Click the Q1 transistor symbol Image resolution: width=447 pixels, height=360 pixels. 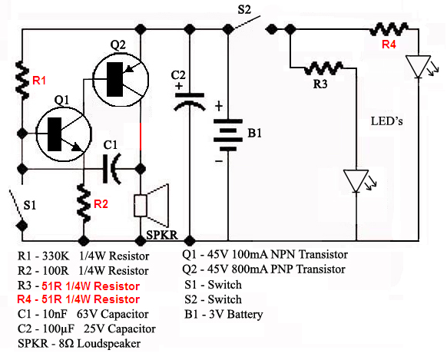point(64,134)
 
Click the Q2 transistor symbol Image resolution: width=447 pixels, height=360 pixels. point(121,79)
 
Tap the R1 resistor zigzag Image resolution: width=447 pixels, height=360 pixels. point(22,80)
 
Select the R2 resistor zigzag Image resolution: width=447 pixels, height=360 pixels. point(84,203)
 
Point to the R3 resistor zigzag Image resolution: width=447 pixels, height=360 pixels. point(323,68)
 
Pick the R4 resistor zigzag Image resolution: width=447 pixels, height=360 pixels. point(389,29)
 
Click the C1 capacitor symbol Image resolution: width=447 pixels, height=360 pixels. point(111,169)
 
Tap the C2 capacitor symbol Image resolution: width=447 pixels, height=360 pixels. point(190,101)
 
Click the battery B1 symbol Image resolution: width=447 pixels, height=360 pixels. point(228,135)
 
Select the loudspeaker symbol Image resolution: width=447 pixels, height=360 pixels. point(151,206)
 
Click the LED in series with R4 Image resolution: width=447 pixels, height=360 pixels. point(419,67)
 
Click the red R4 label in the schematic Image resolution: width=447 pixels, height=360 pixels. point(389,45)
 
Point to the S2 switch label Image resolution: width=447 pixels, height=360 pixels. point(244,10)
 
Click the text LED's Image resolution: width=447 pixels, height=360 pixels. point(387,121)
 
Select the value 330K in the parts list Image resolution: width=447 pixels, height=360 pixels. point(56,256)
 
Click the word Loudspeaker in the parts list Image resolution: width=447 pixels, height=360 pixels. point(109,343)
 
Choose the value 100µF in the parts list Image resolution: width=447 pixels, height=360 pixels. point(58,329)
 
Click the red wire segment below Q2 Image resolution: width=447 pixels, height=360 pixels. point(141,137)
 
